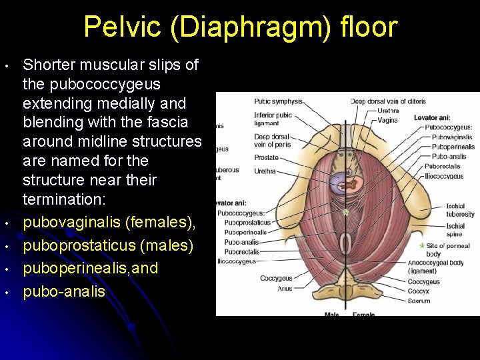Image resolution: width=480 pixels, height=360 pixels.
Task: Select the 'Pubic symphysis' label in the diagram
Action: coord(278,102)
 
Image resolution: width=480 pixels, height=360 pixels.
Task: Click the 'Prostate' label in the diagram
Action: coord(266,157)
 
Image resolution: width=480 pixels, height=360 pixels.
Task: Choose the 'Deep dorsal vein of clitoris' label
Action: coord(389,101)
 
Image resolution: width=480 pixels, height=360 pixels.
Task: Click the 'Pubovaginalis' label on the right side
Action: coord(451,137)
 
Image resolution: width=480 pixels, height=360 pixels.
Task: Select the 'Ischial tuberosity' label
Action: coord(460,211)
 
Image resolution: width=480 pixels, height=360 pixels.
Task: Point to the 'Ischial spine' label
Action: coord(456,230)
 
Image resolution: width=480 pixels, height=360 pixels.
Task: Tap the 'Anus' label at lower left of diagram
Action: coord(267,289)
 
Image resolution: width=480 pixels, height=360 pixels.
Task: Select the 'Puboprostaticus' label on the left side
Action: coord(247,223)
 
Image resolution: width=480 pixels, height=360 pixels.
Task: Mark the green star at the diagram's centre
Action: coord(345,213)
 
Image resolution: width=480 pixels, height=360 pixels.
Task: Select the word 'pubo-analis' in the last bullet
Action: coord(64,291)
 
